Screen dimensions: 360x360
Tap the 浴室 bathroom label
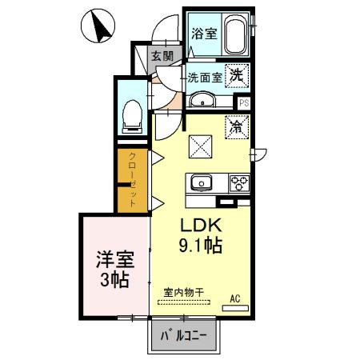(204, 34)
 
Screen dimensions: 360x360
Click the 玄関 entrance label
(162, 55)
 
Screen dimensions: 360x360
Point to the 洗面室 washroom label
(204, 78)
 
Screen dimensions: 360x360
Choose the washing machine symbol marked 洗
(238, 75)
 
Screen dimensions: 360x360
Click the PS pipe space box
(244, 102)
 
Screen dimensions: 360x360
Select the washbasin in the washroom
(205, 99)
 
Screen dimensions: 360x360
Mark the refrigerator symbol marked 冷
(238, 126)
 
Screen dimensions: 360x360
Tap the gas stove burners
(239, 182)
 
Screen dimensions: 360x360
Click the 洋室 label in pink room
(114, 260)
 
